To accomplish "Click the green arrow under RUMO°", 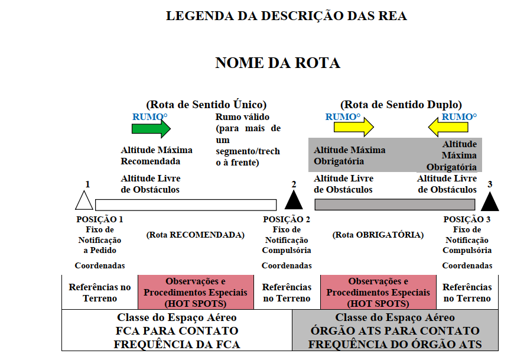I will [151, 128].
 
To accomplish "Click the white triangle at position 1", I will [84, 200].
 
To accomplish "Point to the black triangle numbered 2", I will [294, 200].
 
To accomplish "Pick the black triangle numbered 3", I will [490, 201].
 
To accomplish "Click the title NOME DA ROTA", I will [278, 63].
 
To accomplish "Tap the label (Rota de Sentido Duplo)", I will [401, 105].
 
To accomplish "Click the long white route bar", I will [186, 205].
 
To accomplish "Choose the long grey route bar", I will [395, 205].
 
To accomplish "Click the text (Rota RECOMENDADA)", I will [196, 235].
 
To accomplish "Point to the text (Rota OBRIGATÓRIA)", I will [378, 235].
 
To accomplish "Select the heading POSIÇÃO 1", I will [100, 219].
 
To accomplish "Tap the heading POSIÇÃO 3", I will [467, 219].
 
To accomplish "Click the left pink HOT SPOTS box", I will [196, 292].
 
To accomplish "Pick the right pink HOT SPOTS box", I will [378, 292].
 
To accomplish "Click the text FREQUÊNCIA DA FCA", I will [177, 344].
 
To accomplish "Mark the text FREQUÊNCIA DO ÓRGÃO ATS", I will [395, 344].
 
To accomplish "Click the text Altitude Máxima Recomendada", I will [157, 155].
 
